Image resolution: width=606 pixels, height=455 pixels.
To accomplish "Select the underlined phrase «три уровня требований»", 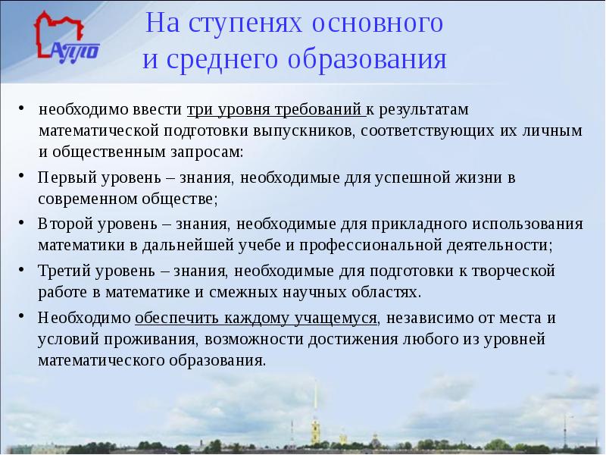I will pos(276,109).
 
